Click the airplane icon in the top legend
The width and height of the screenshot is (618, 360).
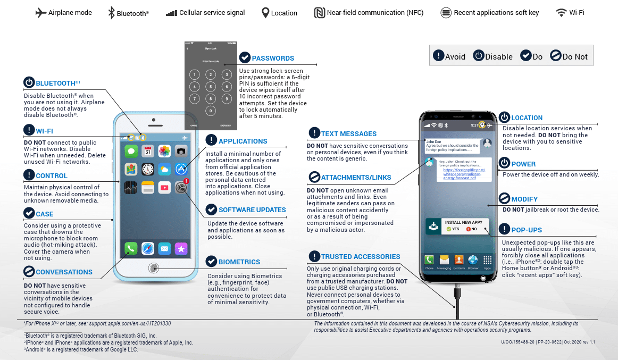pos(41,13)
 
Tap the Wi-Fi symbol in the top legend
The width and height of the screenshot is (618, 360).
pos(561,13)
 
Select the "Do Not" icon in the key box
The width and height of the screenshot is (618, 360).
pos(555,56)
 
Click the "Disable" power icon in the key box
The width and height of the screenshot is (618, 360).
pos(479,56)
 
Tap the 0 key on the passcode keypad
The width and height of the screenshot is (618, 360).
pos(211,111)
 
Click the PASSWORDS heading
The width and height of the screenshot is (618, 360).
pos(273,58)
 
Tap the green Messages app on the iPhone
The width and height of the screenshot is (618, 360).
pos(131,152)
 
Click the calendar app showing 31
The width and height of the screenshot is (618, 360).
pos(148,152)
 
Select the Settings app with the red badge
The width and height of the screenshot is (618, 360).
pos(181,187)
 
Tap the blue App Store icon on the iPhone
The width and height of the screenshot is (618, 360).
pos(181,169)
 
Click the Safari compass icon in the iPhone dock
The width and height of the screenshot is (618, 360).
pos(148,248)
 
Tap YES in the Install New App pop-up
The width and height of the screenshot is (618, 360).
pos(453,229)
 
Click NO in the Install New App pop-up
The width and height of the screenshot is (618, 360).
pos(471,229)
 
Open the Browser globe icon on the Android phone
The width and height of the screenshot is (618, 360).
pos(473,260)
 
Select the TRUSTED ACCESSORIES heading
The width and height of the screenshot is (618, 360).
pos(360,256)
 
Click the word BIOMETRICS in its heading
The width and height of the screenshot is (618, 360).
pos(239,262)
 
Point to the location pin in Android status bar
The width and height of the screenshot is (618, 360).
pos(482,125)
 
